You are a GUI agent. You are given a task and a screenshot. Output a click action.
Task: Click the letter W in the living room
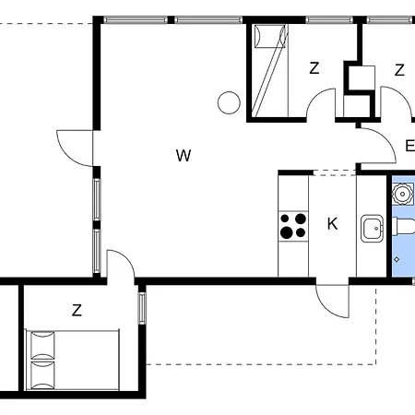184,156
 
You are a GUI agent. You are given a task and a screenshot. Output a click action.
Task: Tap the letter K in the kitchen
333,224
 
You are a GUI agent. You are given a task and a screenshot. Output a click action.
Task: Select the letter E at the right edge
410,146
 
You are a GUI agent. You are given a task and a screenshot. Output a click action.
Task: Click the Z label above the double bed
77,310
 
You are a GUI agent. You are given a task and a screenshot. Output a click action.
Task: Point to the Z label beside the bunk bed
314,68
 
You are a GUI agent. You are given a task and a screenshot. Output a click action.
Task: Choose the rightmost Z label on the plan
399,70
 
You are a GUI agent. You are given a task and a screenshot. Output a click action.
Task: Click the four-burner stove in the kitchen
293,226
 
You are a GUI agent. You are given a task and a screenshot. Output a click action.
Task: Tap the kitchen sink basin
373,229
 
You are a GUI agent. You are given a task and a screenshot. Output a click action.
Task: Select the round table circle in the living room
229,102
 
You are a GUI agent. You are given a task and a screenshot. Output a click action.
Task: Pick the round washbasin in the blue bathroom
402,194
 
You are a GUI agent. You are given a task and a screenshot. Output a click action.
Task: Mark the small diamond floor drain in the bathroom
397,260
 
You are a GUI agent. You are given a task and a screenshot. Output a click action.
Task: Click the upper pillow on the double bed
43,345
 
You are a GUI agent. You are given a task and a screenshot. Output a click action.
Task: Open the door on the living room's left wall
75,148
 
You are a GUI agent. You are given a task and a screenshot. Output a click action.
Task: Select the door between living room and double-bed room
121,264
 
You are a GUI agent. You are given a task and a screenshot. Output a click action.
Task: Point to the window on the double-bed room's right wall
142,308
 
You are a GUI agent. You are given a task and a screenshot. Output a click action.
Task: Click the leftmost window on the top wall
136,20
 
